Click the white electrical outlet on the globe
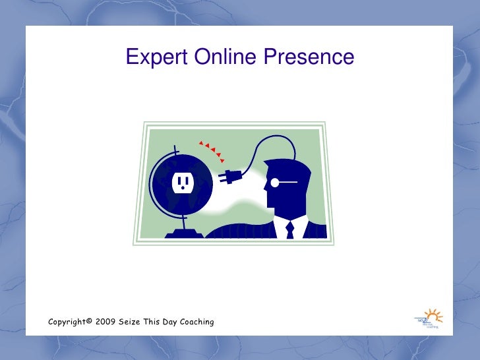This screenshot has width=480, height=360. [181, 182]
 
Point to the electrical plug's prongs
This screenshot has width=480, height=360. [222, 176]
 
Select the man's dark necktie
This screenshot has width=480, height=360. [289, 230]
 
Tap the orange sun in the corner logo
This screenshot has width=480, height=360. [432, 315]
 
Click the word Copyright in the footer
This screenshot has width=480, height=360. [69, 322]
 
